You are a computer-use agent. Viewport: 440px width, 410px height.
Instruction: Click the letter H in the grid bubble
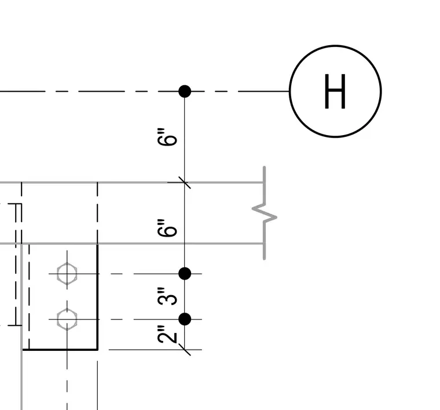(335, 91)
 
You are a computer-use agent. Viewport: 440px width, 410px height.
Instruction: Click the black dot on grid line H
(185, 91)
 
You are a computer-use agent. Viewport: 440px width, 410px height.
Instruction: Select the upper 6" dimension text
(167, 137)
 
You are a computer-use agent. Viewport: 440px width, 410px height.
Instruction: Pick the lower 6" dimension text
(167, 228)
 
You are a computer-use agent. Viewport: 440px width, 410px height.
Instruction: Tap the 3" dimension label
(167, 296)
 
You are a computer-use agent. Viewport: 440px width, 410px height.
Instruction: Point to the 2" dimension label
(167, 335)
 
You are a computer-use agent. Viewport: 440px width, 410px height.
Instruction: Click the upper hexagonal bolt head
(67, 274)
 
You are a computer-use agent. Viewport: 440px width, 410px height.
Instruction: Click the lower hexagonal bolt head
(67, 319)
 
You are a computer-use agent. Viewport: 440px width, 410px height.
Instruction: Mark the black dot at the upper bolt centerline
(185, 273)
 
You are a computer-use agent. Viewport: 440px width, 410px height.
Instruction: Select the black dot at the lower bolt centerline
(185, 319)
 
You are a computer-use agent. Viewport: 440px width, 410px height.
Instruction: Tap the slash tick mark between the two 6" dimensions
(185, 183)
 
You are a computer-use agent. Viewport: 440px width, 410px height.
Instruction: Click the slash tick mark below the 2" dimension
(185, 350)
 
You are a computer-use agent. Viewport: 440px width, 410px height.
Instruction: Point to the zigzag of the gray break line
(265, 213)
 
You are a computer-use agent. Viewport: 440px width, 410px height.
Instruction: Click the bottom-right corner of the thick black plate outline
(97, 350)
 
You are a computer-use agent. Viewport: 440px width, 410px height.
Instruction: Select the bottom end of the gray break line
(265, 259)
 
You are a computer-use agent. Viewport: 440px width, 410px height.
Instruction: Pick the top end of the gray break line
(265, 167)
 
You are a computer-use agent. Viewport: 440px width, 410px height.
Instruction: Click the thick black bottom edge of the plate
(60, 350)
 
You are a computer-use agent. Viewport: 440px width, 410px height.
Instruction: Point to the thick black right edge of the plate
(97, 297)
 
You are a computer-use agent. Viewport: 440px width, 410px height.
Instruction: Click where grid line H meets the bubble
(289, 91)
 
